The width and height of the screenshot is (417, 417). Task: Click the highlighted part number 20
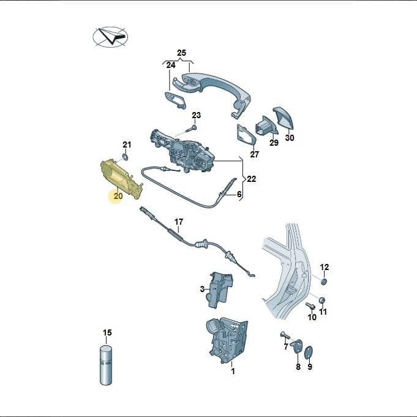(x=118, y=196)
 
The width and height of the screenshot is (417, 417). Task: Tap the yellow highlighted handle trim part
(x=121, y=178)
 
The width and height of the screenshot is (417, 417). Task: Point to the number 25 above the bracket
(x=182, y=53)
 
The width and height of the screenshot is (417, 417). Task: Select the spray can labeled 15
(x=106, y=365)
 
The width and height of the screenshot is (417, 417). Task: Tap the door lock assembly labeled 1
(x=227, y=340)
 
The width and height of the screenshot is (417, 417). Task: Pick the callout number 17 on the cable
(x=179, y=222)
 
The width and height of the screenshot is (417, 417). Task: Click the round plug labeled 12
(x=324, y=282)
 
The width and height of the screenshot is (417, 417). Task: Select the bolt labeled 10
(x=310, y=306)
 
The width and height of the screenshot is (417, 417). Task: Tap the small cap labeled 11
(x=322, y=300)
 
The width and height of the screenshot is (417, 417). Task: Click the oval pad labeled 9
(x=309, y=353)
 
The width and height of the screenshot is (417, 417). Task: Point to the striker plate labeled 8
(x=298, y=346)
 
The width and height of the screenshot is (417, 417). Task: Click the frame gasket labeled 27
(x=246, y=135)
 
